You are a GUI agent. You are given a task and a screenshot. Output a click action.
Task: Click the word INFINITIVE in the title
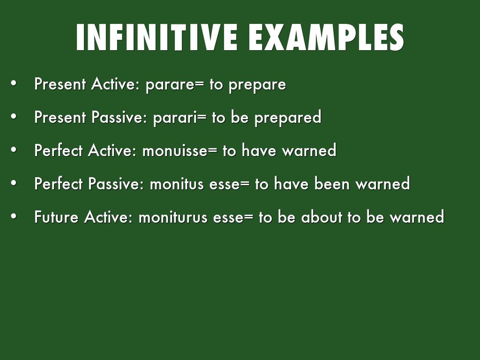157,37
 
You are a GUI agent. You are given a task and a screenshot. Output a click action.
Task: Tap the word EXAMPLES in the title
326,37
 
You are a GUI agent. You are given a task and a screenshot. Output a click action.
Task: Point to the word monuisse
175,150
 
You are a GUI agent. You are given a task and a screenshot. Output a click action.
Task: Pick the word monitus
177,184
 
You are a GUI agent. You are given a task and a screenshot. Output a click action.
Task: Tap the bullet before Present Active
14,83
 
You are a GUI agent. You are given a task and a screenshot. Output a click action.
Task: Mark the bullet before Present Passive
14,117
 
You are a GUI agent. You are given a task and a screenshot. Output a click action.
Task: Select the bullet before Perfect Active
14,150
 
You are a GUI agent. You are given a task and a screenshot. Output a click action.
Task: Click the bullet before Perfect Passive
14,183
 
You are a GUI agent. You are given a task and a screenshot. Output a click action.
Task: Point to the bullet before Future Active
14,216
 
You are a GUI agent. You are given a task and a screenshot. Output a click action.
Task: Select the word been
332,183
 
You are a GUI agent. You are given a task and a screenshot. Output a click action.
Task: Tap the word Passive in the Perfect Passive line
116,184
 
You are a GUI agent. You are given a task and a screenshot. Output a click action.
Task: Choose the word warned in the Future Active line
417,217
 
